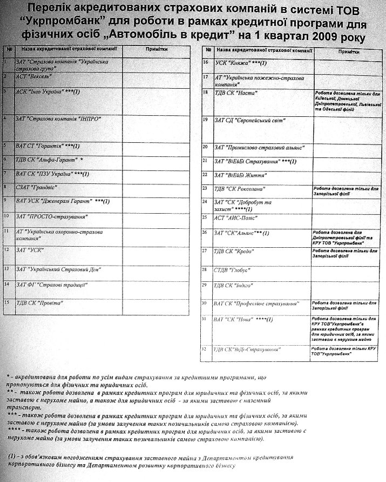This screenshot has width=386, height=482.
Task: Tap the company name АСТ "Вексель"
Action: pyautogui.click(x=33, y=77)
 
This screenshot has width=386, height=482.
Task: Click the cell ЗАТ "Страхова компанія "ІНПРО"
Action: pyautogui.click(x=58, y=118)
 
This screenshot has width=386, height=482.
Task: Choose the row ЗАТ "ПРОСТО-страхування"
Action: pyautogui.click(x=52, y=216)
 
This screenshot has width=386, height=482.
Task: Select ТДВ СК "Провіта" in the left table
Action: pyautogui.click(x=40, y=303)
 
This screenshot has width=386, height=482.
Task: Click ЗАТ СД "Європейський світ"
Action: pyautogui.click(x=250, y=120)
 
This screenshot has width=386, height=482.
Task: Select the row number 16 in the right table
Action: pyautogui.click(x=205, y=63)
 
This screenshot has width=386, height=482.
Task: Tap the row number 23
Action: pyautogui.click(x=205, y=188)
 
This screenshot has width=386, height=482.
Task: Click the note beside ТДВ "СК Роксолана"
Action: pyautogui.click(x=348, y=190)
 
